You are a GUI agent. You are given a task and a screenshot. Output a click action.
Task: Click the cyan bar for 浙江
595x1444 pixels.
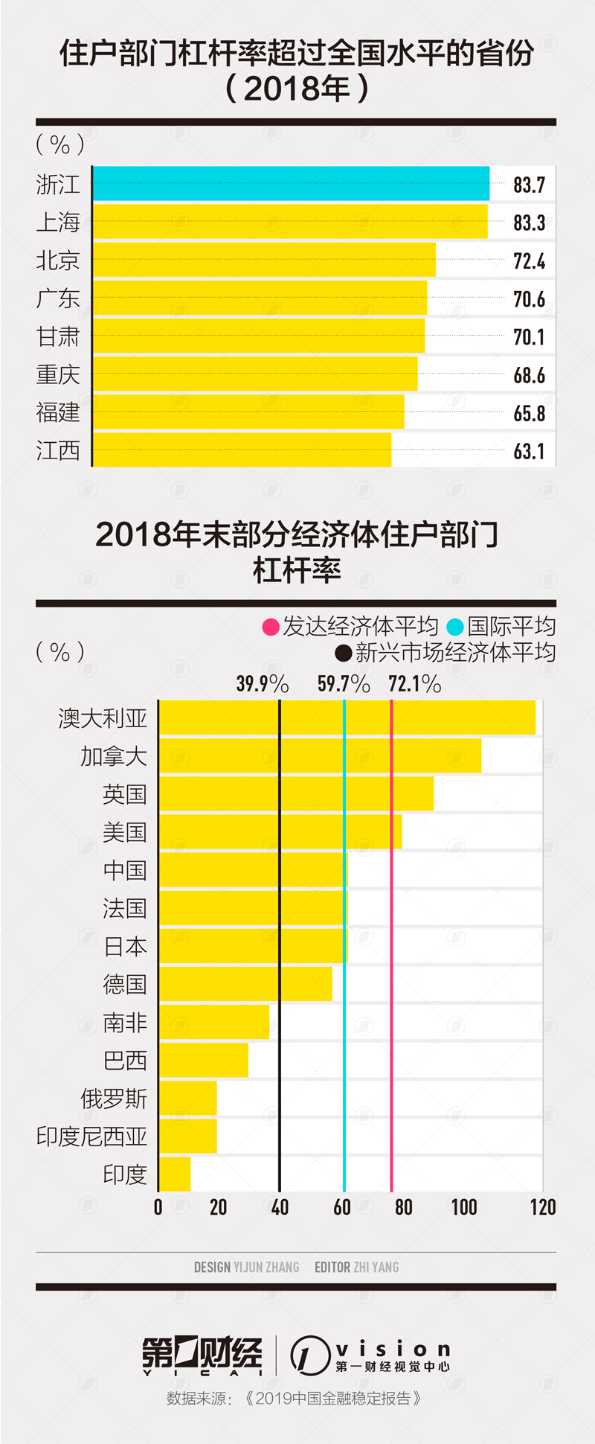[291, 184]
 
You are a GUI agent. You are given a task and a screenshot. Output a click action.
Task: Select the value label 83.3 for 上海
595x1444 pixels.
[529, 223]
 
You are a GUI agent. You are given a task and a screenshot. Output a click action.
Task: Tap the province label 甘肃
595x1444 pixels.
[58, 337]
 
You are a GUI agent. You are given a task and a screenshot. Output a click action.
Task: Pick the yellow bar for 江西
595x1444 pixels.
[242, 450]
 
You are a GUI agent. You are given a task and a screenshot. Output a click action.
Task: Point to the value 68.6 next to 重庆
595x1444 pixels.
[529, 375]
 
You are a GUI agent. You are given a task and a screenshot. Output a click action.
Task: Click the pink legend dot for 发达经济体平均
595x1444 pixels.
[271, 627]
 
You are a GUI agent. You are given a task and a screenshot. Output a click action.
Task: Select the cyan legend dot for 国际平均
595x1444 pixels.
[455, 627]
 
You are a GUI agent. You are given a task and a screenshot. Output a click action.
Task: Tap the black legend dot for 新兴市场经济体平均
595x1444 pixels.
[343, 654]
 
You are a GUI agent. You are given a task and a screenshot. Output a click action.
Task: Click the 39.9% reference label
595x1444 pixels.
[262, 683]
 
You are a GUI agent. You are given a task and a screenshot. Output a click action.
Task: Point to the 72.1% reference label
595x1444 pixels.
[414, 683]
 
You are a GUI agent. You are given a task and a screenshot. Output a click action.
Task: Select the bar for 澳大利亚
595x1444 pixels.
[347, 718]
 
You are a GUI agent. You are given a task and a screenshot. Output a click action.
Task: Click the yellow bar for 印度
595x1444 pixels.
[175, 1174]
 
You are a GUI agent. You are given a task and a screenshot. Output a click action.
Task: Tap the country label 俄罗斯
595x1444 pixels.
[114, 1099]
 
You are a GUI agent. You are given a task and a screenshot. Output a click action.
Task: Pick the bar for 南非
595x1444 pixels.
[214, 1022]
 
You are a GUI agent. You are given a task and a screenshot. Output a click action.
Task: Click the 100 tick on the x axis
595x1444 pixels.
[463, 1207]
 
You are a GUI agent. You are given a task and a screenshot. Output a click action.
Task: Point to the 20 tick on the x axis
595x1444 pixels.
[218, 1207]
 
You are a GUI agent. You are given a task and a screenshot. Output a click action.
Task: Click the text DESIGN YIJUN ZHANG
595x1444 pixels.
[246, 1267]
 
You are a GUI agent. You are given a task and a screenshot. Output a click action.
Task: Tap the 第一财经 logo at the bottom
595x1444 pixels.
[202, 1355]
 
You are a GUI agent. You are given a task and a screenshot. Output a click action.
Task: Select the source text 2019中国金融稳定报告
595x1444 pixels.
[332, 1399]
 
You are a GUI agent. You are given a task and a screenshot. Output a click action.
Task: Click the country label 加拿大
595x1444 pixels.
[114, 756]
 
